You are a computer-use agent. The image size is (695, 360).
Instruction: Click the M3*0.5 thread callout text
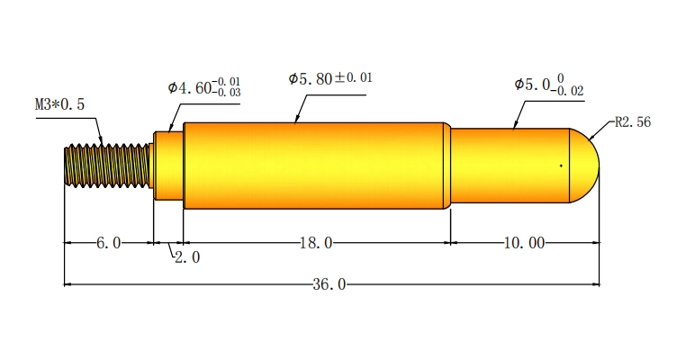(x=59, y=104)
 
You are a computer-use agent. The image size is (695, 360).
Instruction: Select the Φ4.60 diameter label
(x=190, y=87)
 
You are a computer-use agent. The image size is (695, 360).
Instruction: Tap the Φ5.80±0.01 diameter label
(x=330, y=78)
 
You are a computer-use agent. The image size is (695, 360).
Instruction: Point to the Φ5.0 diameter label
(x=532, y=85)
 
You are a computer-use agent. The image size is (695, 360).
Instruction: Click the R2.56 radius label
(x=633, y=121)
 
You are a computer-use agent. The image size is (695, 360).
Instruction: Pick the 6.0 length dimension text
(x=108, y=243)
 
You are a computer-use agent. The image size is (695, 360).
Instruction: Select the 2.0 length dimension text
(x=187, y=257)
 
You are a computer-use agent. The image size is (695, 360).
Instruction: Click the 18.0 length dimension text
(x=316, y=243)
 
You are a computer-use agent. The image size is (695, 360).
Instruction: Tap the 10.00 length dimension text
(x=524, y=243)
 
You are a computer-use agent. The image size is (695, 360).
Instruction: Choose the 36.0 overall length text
(x=329, y=284)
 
